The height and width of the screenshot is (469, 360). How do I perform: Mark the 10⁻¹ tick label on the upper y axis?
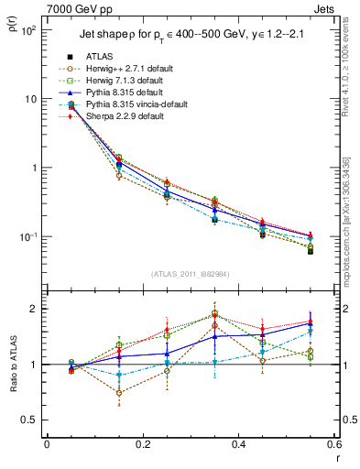(29, 236)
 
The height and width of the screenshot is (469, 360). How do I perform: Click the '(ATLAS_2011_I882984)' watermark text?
(190, 274)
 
